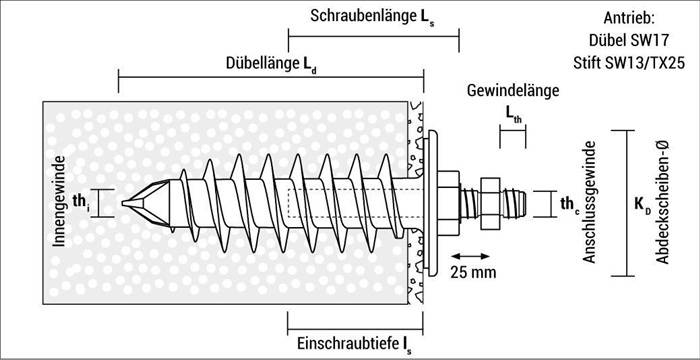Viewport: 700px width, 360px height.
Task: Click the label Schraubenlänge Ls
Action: pyautogui.click(x=372, y=17)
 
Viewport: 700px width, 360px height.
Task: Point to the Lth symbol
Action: pyautogui.click(x=512, y=118)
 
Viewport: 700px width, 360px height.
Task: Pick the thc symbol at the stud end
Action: pyautogui.click(x=569, y=204)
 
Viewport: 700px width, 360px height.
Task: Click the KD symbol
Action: pyautogui.click(x=642, y=204)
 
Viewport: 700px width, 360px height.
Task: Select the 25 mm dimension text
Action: pyautogui.click(x=470, y=272)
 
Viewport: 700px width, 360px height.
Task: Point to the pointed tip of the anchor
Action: pyautogui.click(x=128, y=203)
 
